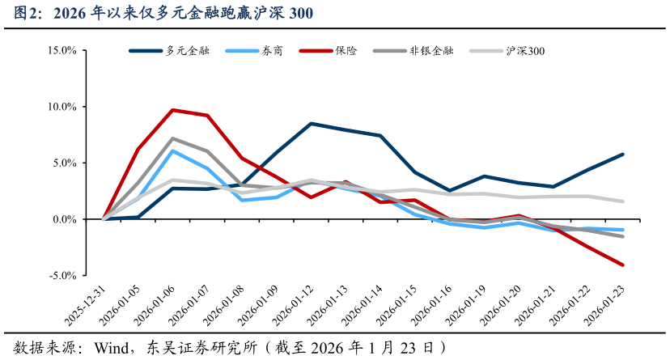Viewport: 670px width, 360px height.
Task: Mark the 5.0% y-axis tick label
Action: click(64, 163)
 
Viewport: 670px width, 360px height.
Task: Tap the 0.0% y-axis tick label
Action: click(64, 219)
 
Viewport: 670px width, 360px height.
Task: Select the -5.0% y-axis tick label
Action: click(62, 276)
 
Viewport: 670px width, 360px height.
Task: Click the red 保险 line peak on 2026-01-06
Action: click(173, 110)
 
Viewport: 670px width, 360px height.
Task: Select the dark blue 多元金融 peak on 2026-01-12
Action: click(312, 124)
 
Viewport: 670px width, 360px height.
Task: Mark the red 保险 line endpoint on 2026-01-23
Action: click(622, 265)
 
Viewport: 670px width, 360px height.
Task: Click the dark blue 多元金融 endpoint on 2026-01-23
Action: click(622, 154)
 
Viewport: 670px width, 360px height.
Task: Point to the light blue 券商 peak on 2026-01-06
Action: click(173, 150)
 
